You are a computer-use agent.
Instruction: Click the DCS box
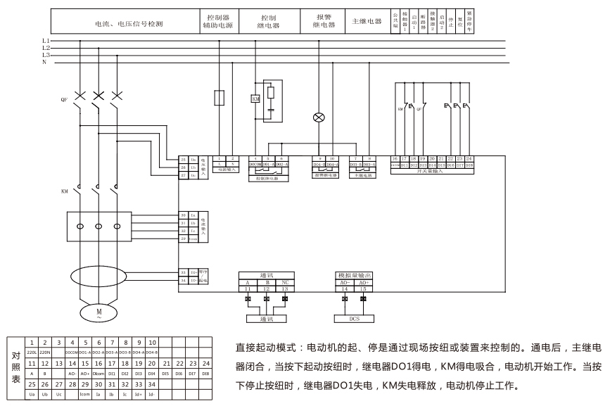355,318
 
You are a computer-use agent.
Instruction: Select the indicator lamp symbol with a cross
318,117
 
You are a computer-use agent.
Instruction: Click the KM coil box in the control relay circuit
255,99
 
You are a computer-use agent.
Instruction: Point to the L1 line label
46,41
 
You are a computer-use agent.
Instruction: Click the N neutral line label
44,62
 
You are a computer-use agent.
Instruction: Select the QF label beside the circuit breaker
65,100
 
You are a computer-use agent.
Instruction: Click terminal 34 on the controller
183,280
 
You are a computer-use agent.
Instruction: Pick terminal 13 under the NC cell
285,288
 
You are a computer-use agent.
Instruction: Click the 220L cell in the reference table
32,351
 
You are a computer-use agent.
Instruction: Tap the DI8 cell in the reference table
205,373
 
